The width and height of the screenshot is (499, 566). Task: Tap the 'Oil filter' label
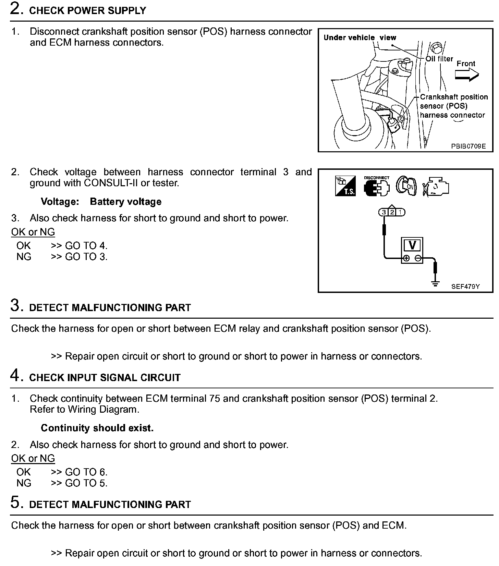[439, 59]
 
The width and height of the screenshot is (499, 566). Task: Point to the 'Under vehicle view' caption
[360, 38]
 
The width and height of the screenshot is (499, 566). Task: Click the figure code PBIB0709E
[468, 146]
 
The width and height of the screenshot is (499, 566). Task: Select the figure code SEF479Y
[465, 286]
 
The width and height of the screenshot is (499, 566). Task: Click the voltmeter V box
[412, 245]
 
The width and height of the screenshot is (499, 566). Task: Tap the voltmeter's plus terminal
[406, 259]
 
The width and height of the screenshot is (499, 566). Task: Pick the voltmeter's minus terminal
[418, 259]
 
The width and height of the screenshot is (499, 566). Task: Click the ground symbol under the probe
[435, 283]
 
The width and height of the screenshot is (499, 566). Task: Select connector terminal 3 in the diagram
[384, 212]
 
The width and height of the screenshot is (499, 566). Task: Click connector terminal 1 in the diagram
[400, 212]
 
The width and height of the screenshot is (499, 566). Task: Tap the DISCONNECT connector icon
[377, 187]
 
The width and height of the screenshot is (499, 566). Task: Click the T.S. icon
[345, 187]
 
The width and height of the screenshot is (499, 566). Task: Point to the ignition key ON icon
[406, 187]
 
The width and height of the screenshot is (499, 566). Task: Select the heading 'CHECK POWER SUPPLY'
[88, 11]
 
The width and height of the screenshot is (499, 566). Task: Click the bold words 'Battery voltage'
[125, 202]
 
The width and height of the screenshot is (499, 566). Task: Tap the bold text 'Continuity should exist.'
[97, 428]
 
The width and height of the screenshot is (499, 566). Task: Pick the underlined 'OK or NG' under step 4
[33, 459]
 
